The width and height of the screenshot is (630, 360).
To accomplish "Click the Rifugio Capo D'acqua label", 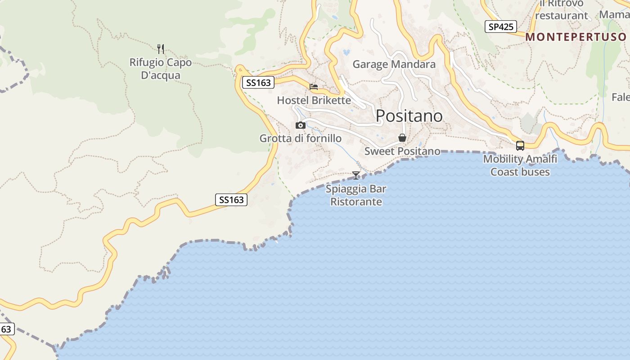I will pos(161,69).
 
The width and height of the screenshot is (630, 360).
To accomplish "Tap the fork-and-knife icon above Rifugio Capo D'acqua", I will pos(161,49).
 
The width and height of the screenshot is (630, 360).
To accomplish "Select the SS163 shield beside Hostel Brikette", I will pos(258,82).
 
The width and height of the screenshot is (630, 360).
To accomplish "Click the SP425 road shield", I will pos(501,27).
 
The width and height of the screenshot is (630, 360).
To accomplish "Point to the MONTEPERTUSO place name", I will pos(576,37).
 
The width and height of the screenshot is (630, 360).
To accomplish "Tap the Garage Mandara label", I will pos(394,64).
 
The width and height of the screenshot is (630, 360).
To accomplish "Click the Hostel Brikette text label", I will pos(314,100).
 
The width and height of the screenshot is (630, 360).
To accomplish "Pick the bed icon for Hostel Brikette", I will pos(314,86).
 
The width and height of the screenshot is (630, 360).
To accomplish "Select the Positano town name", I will pos(409,116).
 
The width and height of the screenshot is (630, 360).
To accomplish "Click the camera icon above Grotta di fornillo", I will pos(301,125).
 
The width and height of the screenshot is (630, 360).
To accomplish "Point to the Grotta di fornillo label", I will pos(300,139).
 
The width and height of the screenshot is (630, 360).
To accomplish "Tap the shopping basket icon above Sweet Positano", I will pos(402,138).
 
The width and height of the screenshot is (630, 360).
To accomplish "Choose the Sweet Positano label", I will pos(402,151).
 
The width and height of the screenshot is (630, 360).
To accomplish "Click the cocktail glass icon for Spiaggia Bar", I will pos(356,175).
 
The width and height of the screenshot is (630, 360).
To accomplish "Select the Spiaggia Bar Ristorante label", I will pos(356,195).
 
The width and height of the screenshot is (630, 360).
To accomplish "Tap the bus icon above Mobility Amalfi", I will pos(520,145).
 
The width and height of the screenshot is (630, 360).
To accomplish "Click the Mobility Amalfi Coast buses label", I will pos(520,165).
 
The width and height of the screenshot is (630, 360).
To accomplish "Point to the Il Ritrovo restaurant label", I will pos(562,9).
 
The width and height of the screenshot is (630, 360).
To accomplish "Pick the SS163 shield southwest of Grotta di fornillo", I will pos(232,200).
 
